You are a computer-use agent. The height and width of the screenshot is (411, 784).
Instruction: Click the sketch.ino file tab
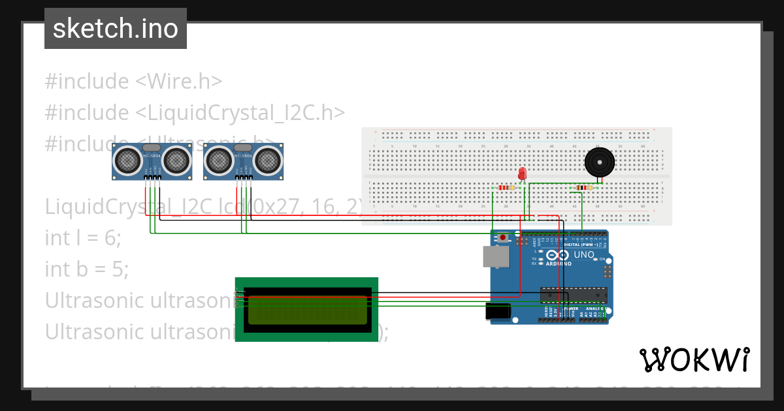(x=115, y=29)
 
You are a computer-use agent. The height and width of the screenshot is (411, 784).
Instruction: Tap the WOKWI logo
(x=694, y=359)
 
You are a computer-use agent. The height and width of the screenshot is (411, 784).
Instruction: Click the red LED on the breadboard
(x=522, y=174)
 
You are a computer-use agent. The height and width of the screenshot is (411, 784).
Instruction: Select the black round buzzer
(x=599, y=162)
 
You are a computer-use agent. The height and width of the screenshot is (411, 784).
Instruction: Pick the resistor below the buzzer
(x=581, y=188)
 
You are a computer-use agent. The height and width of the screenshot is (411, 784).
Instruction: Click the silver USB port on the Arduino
(x=496, y=256)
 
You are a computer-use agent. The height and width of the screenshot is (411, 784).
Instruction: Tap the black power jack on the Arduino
(x=498, y=312)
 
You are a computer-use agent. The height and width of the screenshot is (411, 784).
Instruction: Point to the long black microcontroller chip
(x=574, y=295)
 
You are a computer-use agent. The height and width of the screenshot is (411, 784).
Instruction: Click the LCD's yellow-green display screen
(x=306, y=310)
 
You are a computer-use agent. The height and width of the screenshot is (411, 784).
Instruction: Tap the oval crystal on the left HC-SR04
(x=152, y=148)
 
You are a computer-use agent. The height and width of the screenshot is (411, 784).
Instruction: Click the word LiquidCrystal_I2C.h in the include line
(x=240, y=112)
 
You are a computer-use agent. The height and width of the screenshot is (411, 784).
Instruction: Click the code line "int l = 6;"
(x=83, y=237)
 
